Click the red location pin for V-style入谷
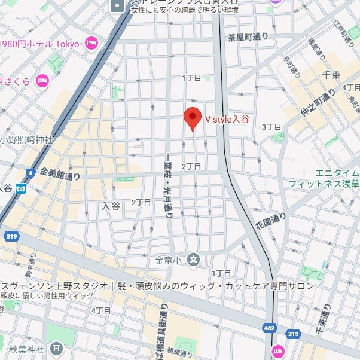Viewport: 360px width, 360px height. pyautogui.click(x=192, y=118)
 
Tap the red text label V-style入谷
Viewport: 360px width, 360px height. pyautogui.click(x=227, y=120)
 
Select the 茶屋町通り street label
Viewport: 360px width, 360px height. pyautogui.click(x=248, y=37)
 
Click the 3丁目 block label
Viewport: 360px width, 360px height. pyautogui.click(x=271, y=127)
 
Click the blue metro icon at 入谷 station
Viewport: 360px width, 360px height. pyautogui.click(x=21, y=188)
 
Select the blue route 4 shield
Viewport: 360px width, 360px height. pyautogui.click(x=29, y=173)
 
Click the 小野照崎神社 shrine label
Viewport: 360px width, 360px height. pyautogui.click(x=28, y=139)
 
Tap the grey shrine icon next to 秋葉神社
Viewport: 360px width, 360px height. pyautogui.click(x=56, y=347)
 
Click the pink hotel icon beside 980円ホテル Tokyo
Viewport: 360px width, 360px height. pyautogui.click(x=91, y=42)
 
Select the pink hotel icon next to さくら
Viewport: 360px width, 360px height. pyautogui.click(x=42, y=80)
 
